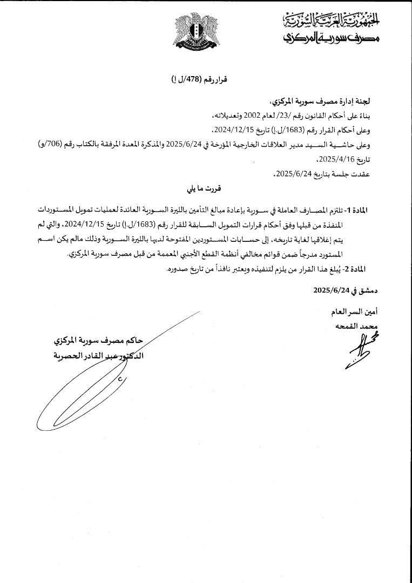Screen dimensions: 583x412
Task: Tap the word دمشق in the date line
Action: [x=368, y=290]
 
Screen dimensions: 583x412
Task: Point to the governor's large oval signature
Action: [x=86, y=389]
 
